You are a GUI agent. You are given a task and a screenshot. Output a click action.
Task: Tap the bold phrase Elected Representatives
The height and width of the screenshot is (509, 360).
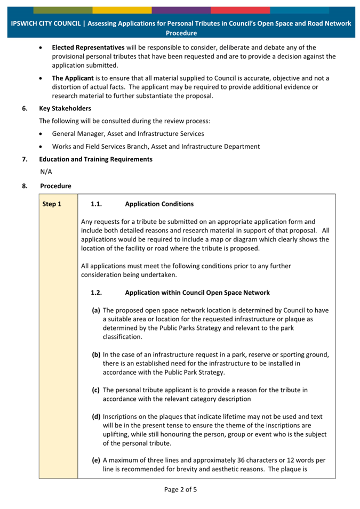point(88,47)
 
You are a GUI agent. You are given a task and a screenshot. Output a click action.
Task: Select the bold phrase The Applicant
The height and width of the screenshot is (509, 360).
point(72,78)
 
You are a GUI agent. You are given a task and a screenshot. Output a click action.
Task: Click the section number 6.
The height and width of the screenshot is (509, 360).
point(25,108)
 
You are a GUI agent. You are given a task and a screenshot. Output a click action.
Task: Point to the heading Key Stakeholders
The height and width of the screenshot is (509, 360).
point(65,108)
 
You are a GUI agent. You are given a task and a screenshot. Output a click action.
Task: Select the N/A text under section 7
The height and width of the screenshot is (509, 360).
point(46,172)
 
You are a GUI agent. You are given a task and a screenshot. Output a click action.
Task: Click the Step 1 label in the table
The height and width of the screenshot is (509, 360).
point(52,204)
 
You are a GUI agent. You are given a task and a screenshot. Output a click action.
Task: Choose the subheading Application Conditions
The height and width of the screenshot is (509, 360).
point(159,204)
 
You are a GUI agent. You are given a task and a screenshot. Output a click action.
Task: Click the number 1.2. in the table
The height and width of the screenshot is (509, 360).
point(96,292)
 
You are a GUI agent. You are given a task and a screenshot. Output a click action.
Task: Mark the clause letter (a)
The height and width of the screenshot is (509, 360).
point(96,310)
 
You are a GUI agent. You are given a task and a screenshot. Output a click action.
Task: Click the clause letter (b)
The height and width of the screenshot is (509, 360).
point(96,354)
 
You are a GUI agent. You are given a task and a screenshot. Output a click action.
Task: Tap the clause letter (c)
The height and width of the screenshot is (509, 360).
point(96,390)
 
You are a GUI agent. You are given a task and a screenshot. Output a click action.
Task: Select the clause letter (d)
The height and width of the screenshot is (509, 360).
point(96,416)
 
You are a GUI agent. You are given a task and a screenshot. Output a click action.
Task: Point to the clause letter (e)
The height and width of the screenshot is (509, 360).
point(96,460)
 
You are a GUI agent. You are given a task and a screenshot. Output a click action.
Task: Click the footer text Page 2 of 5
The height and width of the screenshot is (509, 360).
point(180,489)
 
